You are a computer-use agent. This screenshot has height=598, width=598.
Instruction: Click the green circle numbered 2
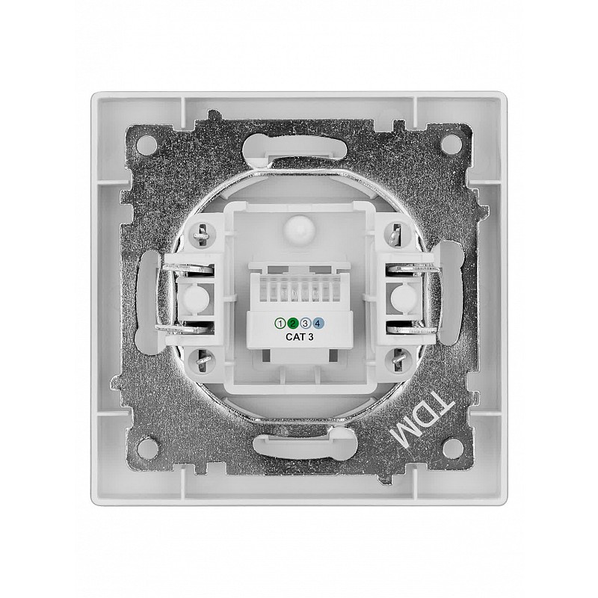[292, 324]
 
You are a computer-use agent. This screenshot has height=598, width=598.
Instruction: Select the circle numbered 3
[305, 324]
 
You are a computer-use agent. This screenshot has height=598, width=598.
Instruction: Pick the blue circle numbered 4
[318, 324]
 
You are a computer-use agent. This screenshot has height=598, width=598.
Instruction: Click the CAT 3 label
[300, 337]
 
